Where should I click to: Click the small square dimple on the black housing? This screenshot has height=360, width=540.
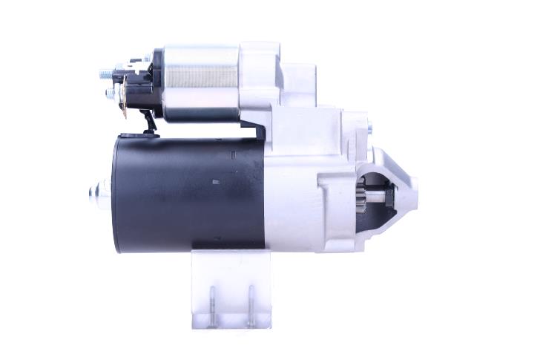(216, 180)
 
